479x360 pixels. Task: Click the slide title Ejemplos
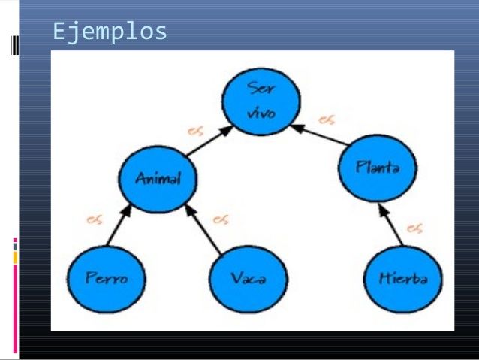tap(110, 32)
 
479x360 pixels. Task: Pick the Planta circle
tap(378, 168)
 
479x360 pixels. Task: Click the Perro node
tap(106, 278)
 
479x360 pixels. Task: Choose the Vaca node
tap(249, 278)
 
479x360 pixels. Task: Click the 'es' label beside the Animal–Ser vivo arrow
tap(195, 130)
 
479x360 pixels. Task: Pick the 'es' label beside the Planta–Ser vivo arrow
tap(327, 119)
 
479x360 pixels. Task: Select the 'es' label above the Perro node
tap(95, 220)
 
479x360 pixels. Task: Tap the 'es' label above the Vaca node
tap(221, 219)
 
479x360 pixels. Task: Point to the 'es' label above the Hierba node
tap(415, 228)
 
